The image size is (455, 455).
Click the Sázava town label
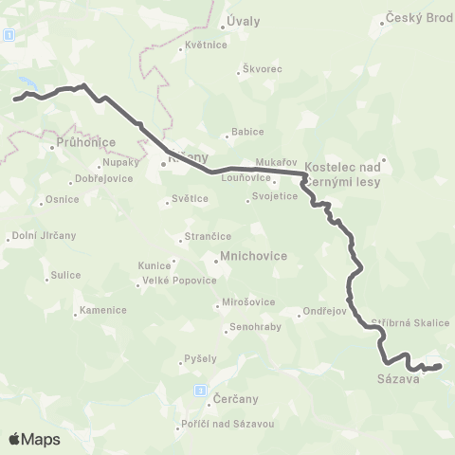393,381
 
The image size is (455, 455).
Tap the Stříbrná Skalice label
410,322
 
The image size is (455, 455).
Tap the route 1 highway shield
9,33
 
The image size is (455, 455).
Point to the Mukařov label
278,161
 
